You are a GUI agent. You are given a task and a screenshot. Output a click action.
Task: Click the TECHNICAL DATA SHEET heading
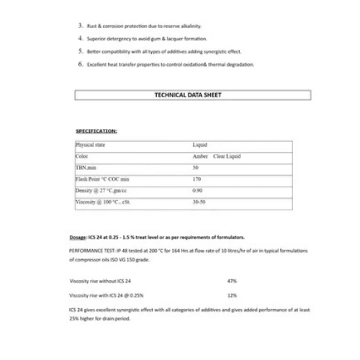[193, 94]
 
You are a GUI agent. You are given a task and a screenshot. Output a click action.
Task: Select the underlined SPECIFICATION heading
[96, 132]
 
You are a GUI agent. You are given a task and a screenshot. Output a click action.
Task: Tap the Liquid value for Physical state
[199, 145]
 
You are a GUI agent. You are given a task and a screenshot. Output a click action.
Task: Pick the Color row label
[81, 156]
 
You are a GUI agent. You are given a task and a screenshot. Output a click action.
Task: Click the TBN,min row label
[86, 167]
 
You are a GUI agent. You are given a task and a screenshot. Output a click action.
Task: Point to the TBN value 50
[196, 167]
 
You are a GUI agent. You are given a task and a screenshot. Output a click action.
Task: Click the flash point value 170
[197, 179]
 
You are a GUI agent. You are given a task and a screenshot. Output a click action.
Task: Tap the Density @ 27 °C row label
[101, 190]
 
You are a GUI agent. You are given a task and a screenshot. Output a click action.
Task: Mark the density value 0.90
[197, 190]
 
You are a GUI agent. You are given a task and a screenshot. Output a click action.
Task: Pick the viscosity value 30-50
[199, 202]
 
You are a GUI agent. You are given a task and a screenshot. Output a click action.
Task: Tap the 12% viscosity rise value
[232, 295]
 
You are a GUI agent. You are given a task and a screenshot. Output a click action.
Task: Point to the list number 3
[80, 25]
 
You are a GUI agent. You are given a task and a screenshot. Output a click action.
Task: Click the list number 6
[80, 64]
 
